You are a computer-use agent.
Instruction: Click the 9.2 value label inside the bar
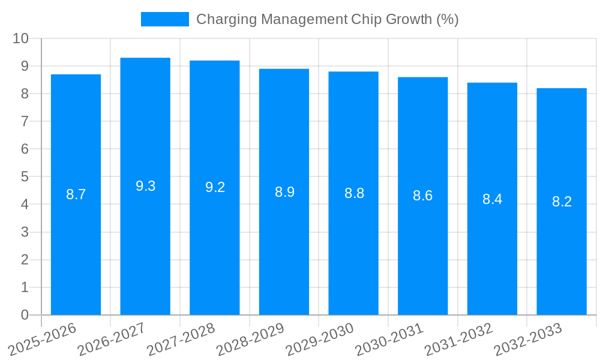tap(215, 187)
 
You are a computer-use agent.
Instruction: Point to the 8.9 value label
tap(284, 192)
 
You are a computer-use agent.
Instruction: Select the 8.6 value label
tap(423, 196)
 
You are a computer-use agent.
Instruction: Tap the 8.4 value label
tap(492, 199)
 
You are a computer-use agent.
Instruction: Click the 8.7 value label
tap(76, 194)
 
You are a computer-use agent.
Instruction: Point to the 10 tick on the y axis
tap(21, 38)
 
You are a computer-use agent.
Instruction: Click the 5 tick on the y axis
tap(25, 177)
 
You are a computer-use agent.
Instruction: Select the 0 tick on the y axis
tap(25, 315)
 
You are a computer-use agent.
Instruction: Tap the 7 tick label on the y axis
tap(25, 121)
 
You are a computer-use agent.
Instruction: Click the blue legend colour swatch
tap(164, 19)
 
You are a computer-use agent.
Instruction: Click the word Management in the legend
tap(304, 19)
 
